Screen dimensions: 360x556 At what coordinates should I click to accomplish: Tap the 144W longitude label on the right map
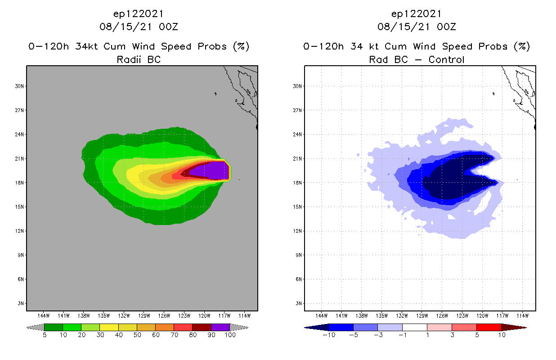tap(321, 315)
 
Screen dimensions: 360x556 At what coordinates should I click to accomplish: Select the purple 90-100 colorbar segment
tap(220, 327)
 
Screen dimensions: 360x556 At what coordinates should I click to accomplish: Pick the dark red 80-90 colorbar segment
tap(202, 327)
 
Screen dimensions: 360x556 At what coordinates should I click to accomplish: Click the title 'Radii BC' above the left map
tap(139, 59)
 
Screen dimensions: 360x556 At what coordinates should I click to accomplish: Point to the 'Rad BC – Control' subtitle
tap(417, 59)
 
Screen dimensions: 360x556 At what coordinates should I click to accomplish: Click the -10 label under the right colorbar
tap(328, 335)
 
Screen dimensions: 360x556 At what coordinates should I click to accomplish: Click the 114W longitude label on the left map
tap(244, 315)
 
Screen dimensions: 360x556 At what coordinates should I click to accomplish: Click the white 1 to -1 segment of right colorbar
tap(414, 327)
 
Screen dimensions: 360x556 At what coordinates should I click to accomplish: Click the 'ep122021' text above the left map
tap(139, 13)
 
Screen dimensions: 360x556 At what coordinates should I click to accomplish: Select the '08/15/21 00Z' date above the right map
tap(417, 27)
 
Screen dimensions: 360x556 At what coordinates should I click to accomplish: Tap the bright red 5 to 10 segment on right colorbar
tap(489, 327)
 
